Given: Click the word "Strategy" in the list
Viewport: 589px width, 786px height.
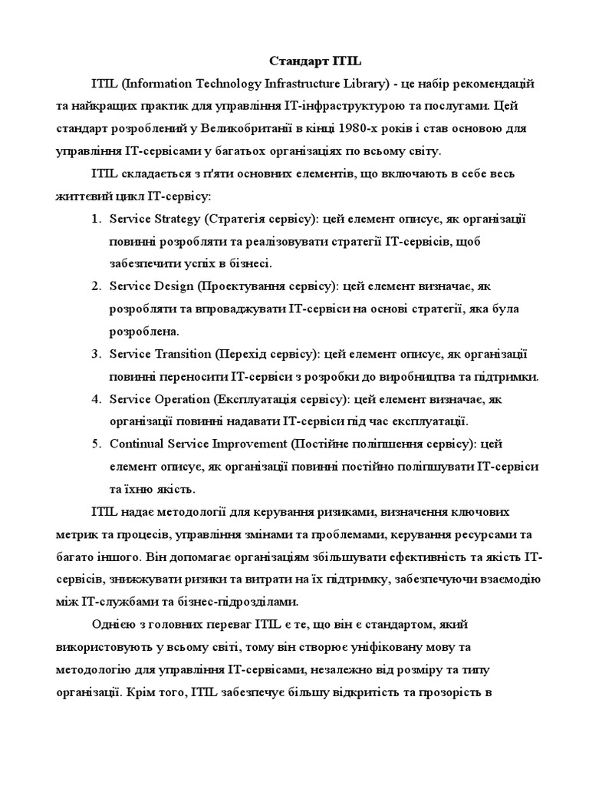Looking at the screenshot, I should coord(176,219).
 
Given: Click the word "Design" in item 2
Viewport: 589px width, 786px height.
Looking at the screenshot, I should coord(172,286).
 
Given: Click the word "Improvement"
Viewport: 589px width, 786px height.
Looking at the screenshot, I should coord(242,444).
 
